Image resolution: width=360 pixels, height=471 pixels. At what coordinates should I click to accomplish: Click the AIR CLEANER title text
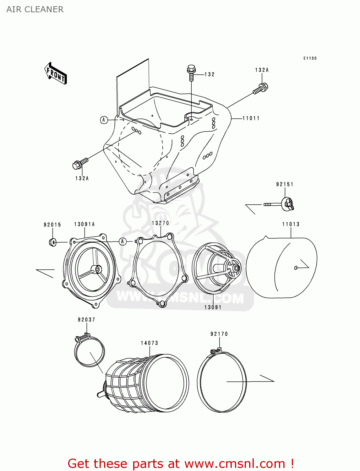[x=35, y=9]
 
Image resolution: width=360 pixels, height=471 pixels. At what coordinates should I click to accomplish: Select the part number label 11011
[x=251, y=118]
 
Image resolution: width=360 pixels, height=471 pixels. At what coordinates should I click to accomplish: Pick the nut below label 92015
[x=53, y=242]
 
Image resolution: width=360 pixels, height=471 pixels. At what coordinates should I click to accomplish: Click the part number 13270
[x=160, y=223]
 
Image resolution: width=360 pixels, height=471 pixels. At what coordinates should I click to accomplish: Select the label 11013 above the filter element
[x=291, y=224]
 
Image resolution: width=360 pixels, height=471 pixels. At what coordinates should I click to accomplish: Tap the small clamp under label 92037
[x=89, y=351]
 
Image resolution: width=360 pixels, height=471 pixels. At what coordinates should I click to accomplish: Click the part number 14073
[x=150, y=343]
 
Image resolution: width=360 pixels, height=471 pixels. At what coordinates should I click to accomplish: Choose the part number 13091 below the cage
[x=213, y=307]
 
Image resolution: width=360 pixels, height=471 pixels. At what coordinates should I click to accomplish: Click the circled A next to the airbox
[x=104, y=120]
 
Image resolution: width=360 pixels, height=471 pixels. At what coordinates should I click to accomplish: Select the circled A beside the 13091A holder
[x=123, y=241]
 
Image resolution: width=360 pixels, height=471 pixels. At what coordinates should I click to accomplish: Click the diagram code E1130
[x=310, y=58]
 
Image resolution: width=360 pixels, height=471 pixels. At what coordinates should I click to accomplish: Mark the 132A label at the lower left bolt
[x=82, y=178]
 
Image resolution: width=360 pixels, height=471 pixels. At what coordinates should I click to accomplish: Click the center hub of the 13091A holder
[x=96, y=269]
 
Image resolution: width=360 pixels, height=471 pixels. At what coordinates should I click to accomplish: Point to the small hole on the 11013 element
[x=296, y=268]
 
